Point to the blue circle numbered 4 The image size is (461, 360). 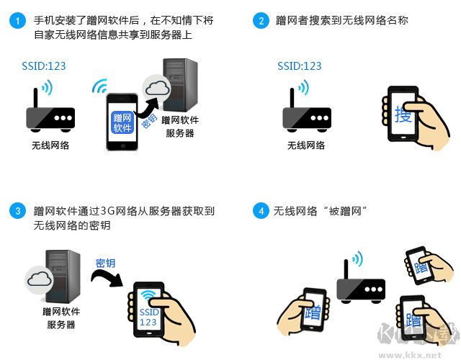(x=260, y=212)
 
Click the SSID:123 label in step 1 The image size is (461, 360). (x=44, y=66)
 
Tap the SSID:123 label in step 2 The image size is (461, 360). (x=300, y=66)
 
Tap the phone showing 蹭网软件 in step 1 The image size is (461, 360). (x=122, y=121)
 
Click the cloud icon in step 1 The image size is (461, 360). (x=157, y=90)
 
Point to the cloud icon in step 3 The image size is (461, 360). (x=39, y=280)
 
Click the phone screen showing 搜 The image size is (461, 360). (x=403, y=114)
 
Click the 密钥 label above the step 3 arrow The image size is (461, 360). (x=105, y=263)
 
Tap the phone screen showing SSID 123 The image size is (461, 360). (x=148, y=311)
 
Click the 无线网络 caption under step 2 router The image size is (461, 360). (x=306, y=145)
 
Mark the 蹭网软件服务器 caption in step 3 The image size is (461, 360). (x=61, y=318)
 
